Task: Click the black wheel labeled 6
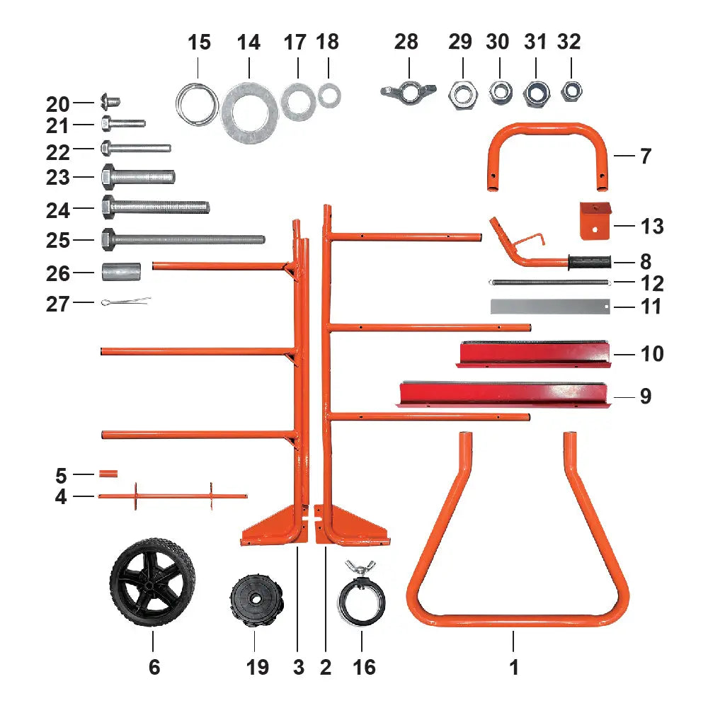coord(152,582)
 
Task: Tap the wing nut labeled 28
coord(406,92)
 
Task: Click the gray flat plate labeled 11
coord(549,307)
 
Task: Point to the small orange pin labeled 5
coord(108,473)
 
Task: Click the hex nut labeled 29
coord(462,92)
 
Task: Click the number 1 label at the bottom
coord(515,666)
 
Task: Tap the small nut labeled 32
coord(571,91)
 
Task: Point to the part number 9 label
coord(645,396)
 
